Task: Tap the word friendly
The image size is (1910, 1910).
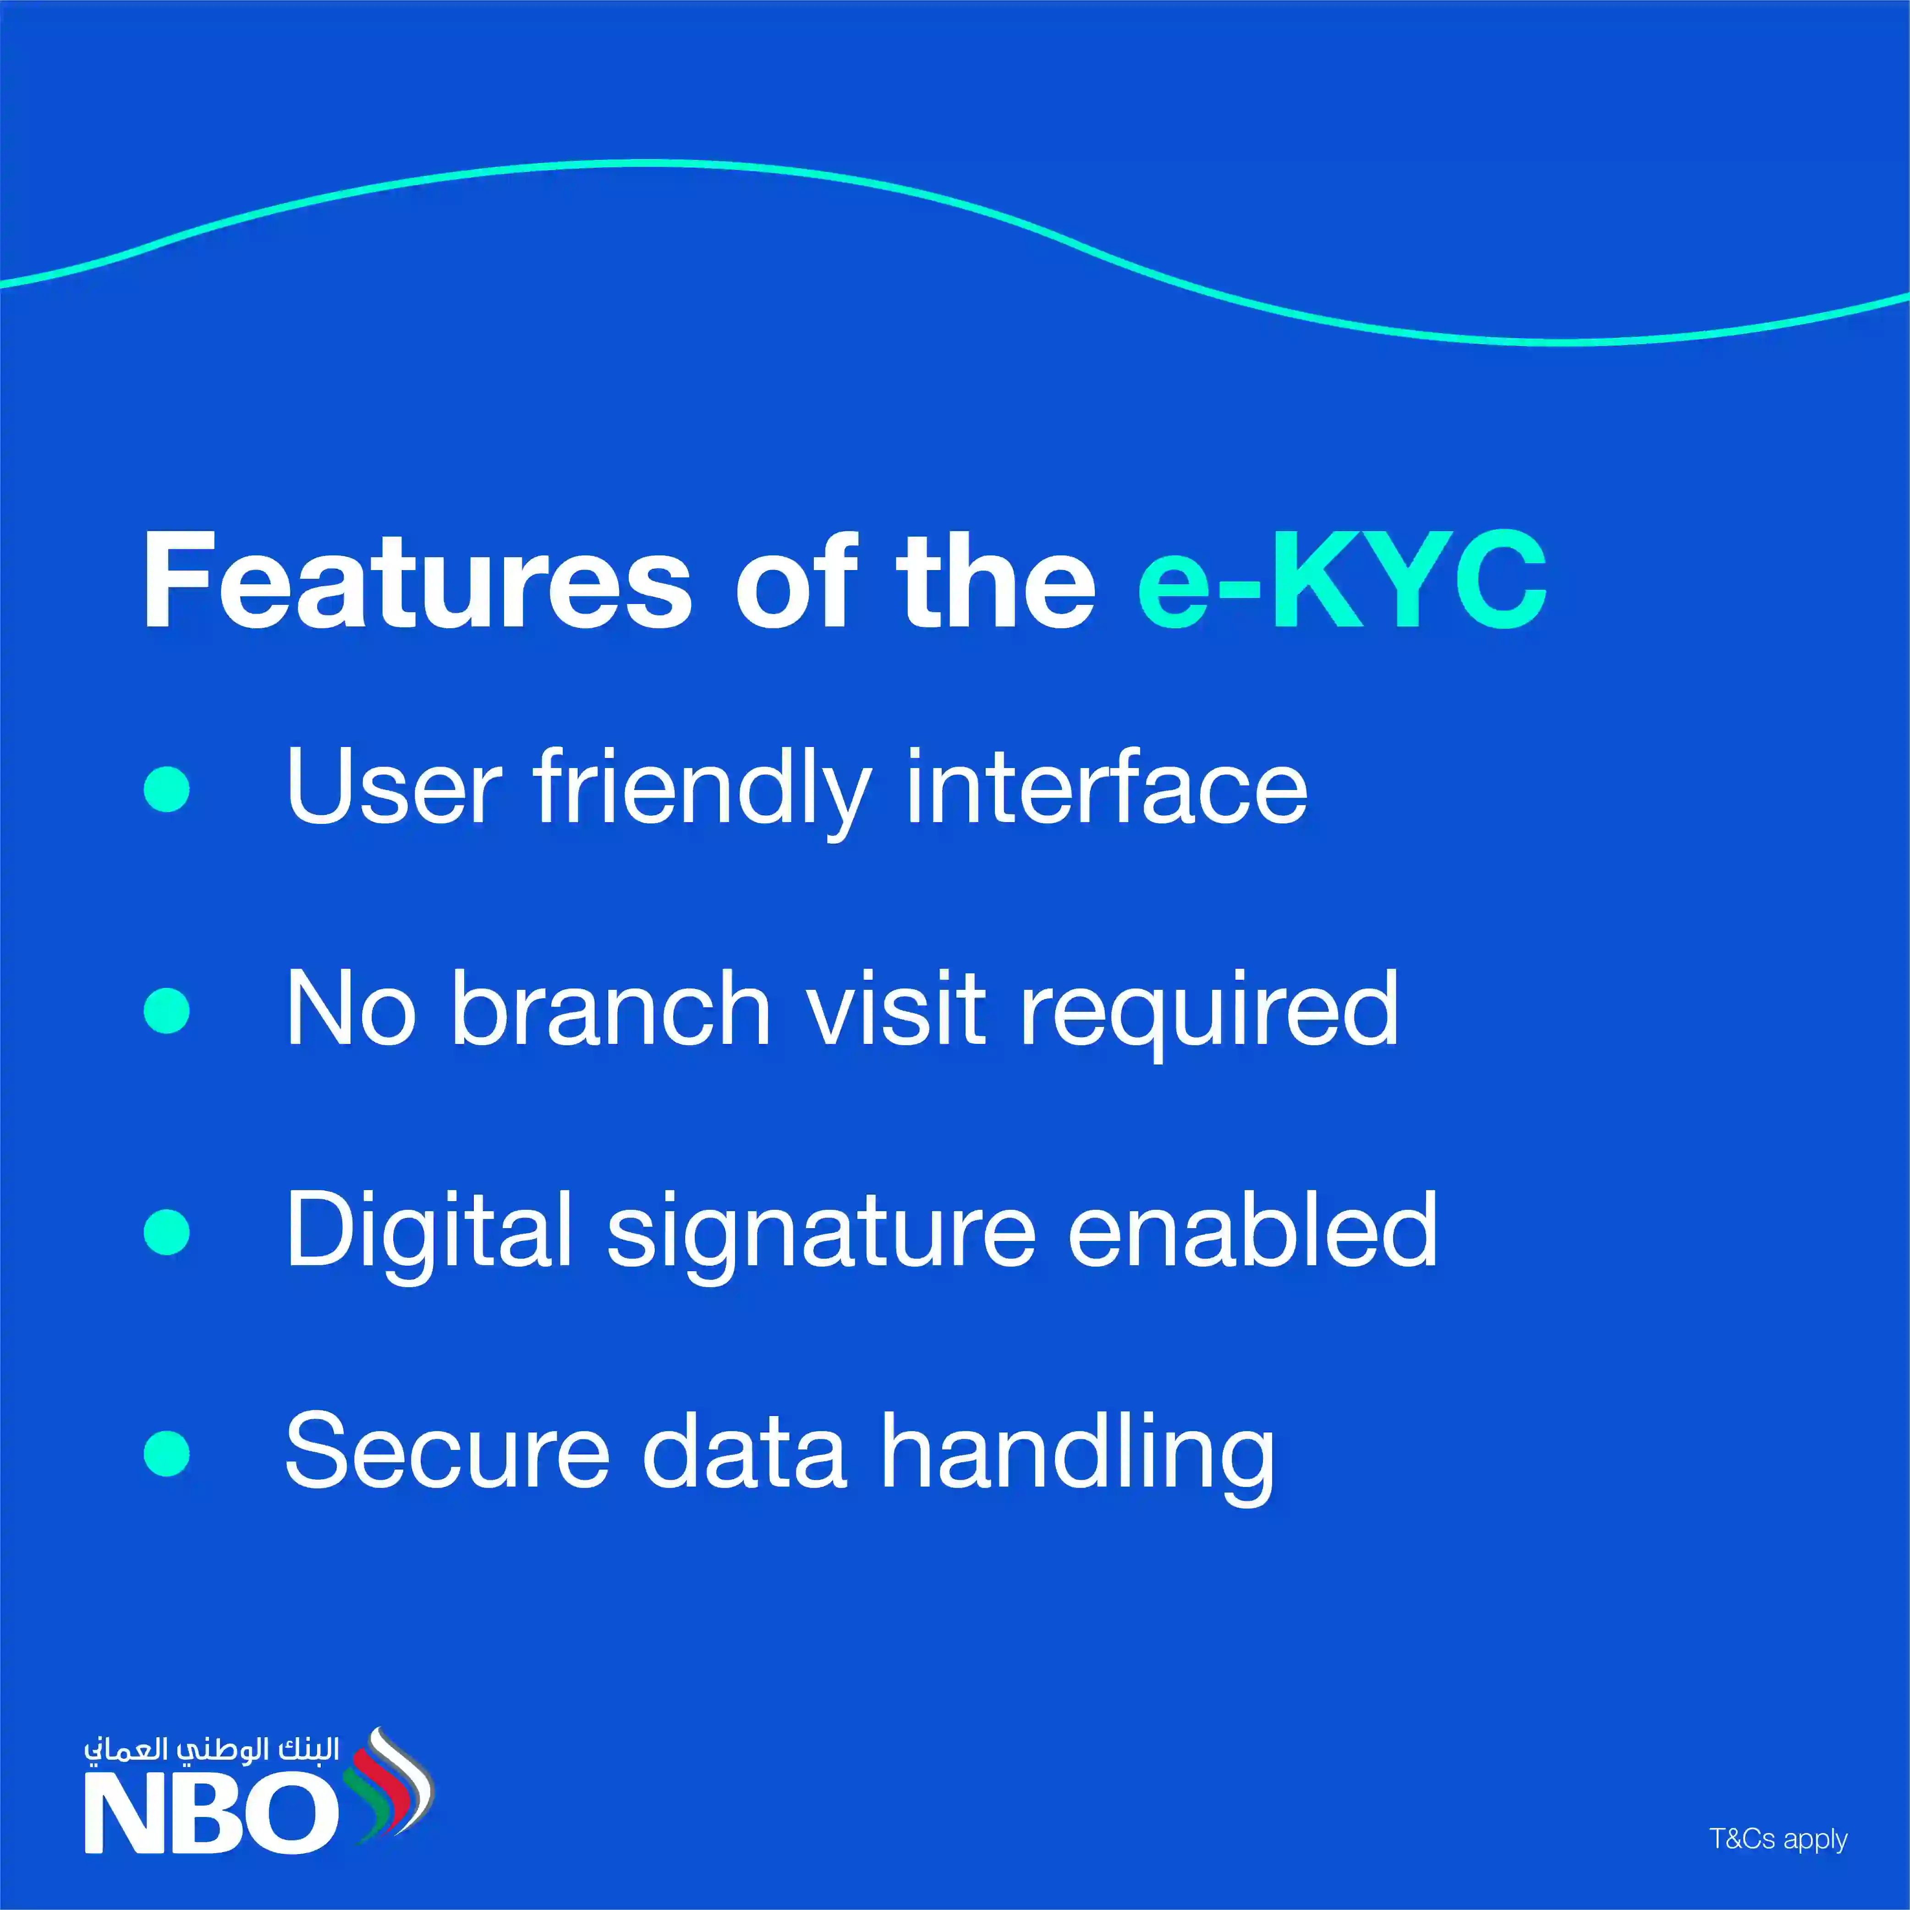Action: pyautogui.click(x=702, y=791)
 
